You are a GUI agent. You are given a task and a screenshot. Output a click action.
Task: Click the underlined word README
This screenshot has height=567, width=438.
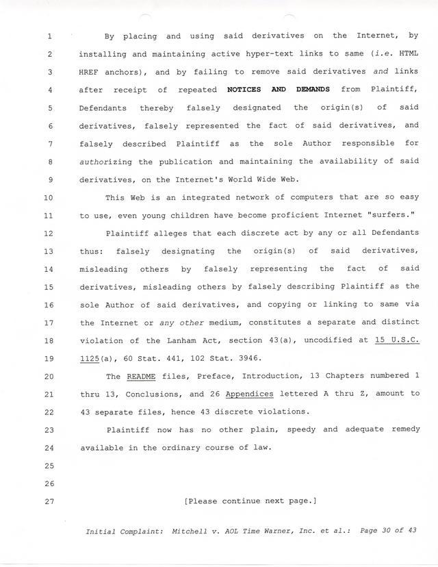(x=142, y=376)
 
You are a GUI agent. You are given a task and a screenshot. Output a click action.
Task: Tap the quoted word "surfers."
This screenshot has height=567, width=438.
(x=392, y=215)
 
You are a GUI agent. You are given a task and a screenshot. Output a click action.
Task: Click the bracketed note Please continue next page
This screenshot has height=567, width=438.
(x=250, y=501)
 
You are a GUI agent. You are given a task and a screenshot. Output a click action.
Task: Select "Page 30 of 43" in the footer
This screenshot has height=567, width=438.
(x=387, y=531)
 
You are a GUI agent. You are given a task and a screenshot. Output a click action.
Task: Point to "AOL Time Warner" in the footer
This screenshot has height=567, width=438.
(x=258, y=531)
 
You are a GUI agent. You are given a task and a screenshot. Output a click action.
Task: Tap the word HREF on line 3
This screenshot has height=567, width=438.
(x=90, y=72)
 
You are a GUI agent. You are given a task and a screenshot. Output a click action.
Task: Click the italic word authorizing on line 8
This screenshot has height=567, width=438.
(x=105, y=162)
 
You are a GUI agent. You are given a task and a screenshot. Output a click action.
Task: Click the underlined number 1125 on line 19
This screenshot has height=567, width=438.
(x=90, y=358)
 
